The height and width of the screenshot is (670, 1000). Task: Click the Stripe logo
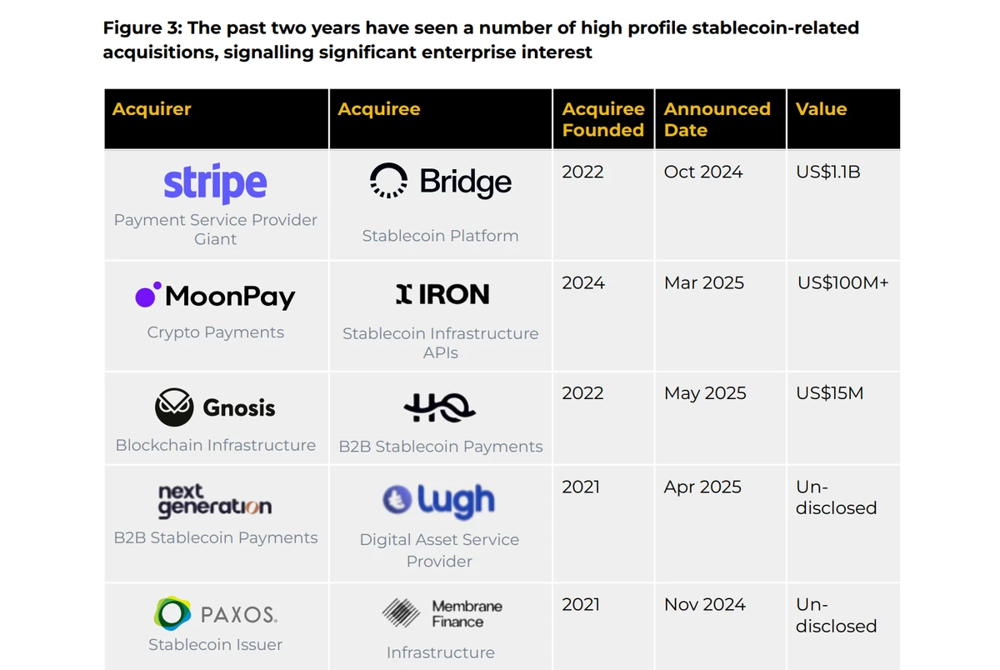215,183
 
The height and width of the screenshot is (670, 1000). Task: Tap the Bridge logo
440,182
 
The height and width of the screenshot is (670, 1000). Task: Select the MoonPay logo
215,296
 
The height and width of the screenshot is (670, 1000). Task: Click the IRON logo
442,294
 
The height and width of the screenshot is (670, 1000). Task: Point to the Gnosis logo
215,407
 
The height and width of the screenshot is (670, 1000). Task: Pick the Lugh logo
438,501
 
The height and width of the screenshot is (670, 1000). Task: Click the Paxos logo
215,614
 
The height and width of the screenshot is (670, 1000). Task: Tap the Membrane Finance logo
442,614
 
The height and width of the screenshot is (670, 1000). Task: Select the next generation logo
215,500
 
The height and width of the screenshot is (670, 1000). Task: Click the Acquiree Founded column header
603,119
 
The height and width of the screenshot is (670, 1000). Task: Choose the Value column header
821,109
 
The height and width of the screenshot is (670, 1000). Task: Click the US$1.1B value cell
828,172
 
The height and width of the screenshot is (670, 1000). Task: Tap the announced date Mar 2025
704,282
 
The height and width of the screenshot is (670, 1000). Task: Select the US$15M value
829,393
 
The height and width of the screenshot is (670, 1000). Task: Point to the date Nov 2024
705,604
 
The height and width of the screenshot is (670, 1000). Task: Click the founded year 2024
583,282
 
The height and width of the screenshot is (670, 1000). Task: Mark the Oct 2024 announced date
703,172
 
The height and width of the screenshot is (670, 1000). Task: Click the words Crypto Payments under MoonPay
215,332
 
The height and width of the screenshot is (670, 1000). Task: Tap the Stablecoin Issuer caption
215,644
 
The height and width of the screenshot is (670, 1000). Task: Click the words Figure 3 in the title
141,28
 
